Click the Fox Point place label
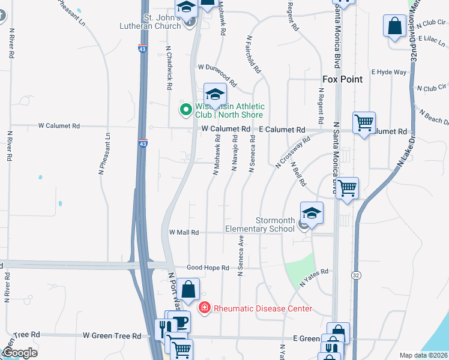click(x=342, y=79)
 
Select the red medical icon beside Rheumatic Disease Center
click(x=204, y=308)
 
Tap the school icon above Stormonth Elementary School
click(x=312, y=213)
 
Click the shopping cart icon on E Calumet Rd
click(x=364, y=124)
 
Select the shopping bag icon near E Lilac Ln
click(x=395, y=26)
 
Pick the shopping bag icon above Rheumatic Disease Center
click(x=188, y=289)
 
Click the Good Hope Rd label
click(x=208, y=268)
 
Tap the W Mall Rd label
click(x=184, y=232)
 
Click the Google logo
click(x=19, y=352)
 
